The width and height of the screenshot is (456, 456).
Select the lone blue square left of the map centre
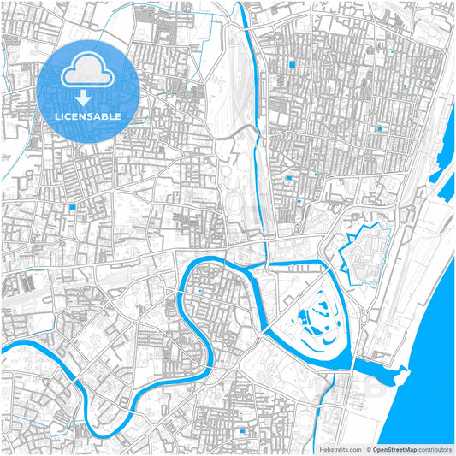74,206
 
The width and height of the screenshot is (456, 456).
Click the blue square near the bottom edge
244,431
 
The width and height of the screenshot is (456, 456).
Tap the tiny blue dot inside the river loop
200,291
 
